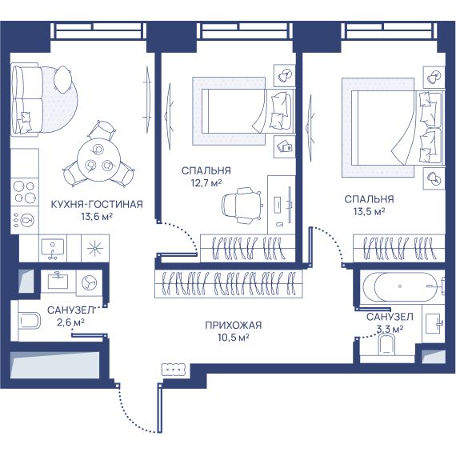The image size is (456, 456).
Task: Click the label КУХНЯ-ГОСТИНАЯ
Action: coord(97,204)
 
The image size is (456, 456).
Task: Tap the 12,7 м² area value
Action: coord(206,183)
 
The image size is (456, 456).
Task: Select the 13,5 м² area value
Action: coord(369,211)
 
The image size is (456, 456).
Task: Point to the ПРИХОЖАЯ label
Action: coord(234,325)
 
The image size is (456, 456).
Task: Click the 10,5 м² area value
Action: coord(234,338)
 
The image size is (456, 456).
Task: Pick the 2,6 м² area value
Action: coord(70,322)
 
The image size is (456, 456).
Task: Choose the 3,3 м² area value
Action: coord(390,330)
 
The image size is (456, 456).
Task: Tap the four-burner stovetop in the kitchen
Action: coord(25,192)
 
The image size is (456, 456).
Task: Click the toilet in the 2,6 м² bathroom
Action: coord(30,321)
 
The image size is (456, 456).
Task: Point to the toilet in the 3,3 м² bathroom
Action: coord(386,345)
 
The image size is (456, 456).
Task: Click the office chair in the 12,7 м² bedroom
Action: coord(242,205)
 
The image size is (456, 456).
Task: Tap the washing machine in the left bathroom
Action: coord(90,282)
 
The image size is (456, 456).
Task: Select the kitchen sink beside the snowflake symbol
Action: coord(53,248)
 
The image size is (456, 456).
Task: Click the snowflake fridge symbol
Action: coord(95,248)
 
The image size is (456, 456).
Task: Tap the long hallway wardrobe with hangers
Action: coord(229,284)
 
